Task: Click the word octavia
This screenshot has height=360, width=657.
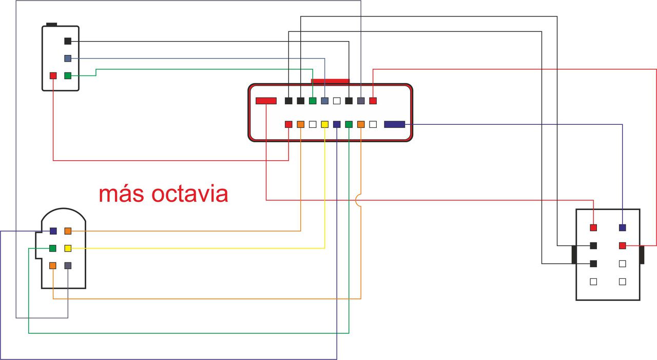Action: [190, 194]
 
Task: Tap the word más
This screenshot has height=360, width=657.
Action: [122, 194]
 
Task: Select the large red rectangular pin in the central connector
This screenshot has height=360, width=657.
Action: [266, 101]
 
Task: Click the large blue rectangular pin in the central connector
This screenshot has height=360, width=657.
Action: [394, 124]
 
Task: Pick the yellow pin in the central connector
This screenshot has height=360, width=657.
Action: [324, 124]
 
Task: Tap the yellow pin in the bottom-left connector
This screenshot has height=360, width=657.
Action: [68, 249]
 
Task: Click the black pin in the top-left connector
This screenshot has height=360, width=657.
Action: [68, 41]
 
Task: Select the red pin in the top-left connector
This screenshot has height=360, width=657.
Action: [53, 75]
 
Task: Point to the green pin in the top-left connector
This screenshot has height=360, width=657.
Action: [68, 75]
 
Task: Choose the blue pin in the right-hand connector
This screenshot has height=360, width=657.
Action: [623, 228]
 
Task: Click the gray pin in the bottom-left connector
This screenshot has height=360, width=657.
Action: [68, 266]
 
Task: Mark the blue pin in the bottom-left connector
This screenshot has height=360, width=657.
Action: [53, 231]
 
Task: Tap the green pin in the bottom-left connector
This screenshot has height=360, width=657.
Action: [53, 249]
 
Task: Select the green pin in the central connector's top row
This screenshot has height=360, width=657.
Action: [313, 101]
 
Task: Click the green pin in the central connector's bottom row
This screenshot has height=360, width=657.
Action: [349, 124]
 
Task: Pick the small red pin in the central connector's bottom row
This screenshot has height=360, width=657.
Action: [288, 124]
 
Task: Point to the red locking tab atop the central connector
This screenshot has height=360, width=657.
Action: [330, 81]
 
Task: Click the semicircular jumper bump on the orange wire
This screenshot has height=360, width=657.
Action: [358, 200]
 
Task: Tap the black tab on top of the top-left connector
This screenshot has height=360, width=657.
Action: [51, 24]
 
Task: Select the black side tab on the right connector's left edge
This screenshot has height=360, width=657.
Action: [574, 255]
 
